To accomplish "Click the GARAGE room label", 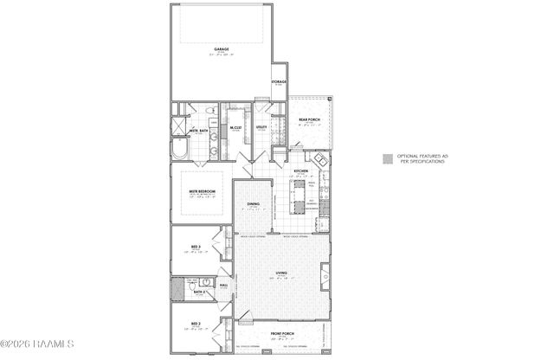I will tap(221, 49).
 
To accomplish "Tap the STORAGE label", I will tap(280, 82).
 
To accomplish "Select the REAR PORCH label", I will tap(310, 120).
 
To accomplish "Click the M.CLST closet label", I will tap(235, 128).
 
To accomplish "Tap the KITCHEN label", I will tap(300, 171).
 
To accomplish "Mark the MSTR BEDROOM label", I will tap(202, 191).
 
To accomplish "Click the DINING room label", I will tap(253, 204).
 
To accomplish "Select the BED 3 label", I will tap(196, 247).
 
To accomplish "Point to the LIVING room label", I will tap(281, 273).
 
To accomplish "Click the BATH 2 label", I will tap(198, 293).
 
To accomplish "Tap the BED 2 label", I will tap(196, 323).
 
